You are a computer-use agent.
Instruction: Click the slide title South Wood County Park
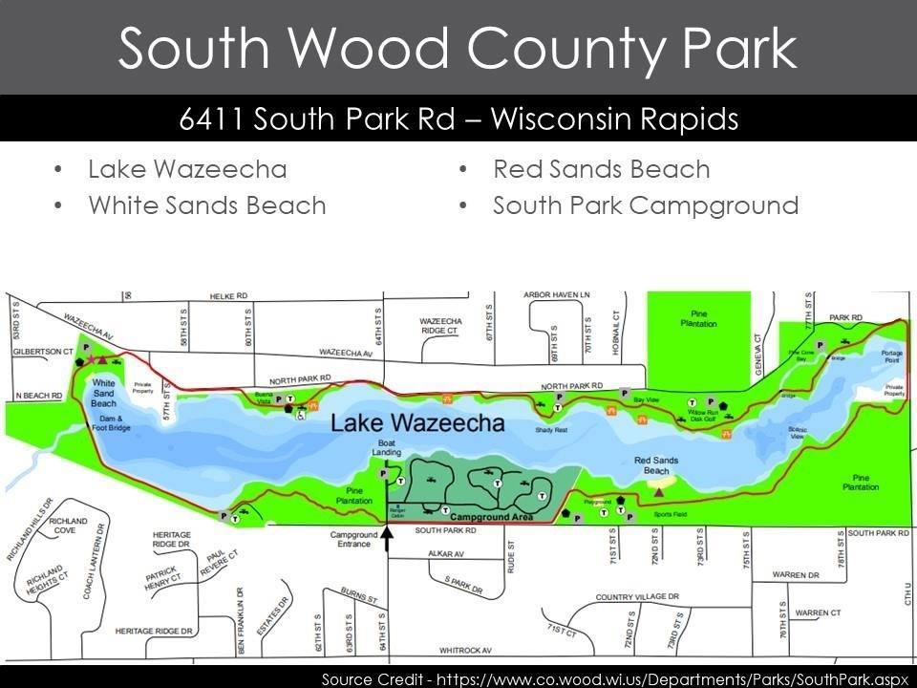(458, 48)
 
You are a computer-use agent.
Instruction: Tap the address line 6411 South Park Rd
(458, 119)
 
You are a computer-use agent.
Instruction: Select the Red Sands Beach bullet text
(601, 170)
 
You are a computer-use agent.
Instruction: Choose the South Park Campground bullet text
(645, 205)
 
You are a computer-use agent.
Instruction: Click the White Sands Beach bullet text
(206, 205)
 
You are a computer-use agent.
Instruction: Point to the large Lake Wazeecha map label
(417, 422)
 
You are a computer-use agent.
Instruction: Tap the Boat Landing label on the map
(388, 448)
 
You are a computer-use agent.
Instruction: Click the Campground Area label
(489, 517)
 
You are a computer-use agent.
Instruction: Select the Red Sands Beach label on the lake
(656, 465)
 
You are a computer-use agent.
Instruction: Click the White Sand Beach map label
(103, 394)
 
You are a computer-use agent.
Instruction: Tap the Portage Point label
(893, 357)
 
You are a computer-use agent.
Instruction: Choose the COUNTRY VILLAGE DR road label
(637, 597)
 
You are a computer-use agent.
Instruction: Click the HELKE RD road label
(228, 296)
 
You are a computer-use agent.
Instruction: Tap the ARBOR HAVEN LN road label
(557, 294)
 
